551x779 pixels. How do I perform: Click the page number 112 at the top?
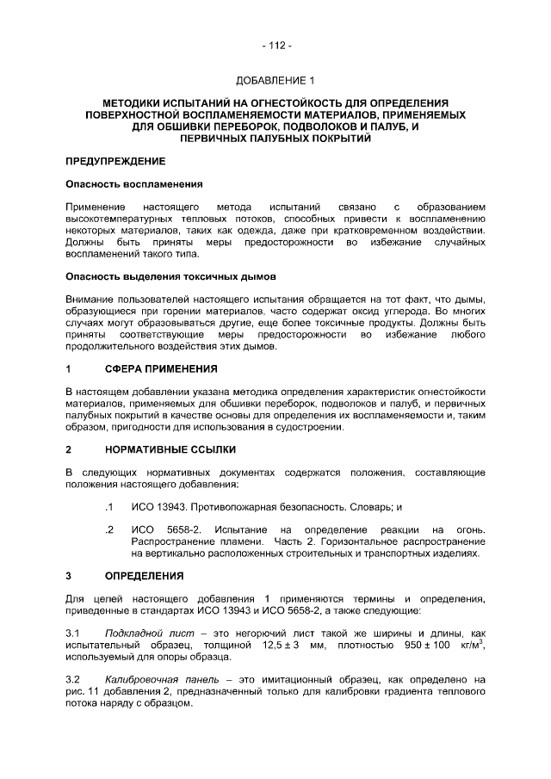coord(275,46)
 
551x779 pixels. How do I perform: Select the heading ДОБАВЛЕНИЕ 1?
coord(275,81)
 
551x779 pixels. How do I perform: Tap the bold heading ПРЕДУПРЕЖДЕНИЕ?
coord(115,161)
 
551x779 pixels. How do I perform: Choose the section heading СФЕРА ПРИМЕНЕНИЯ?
coord(161,369)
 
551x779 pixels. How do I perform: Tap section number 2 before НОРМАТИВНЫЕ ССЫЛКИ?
coord(69,450)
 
